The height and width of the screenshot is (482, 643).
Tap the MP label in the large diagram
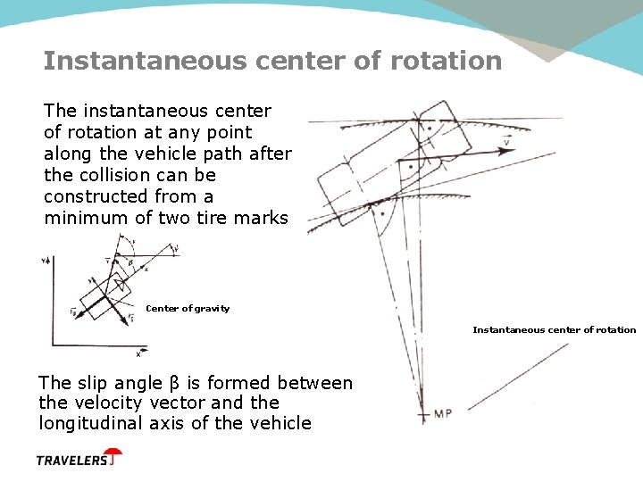[445, 413]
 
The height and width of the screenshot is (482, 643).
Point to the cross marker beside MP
[423, 414]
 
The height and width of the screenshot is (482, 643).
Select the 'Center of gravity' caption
[188, 309]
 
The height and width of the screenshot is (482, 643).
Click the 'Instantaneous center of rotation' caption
[554, 330]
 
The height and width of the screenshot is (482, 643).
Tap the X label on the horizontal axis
[138, 353]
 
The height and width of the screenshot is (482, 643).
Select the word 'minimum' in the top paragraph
[81, 217]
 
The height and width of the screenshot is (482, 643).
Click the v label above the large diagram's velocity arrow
[507, 141]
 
